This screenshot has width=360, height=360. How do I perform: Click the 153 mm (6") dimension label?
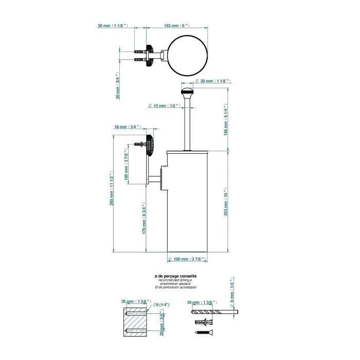(176, 25)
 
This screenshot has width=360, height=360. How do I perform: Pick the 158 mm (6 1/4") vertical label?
(225, 119)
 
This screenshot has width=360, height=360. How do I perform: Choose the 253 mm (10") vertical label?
(225, 203)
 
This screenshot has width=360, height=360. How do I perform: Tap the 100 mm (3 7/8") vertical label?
(127, 167)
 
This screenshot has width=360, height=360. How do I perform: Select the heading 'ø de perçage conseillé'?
(175, 277)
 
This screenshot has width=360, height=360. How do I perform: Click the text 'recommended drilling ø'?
(175, 280)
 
